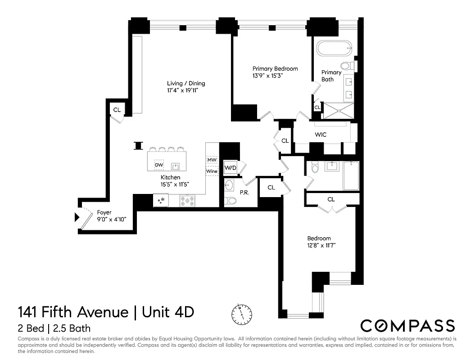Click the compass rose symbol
242,312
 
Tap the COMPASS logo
408,325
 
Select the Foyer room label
104,212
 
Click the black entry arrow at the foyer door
77,218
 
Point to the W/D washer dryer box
231,168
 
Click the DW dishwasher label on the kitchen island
158,165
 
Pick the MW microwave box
212,160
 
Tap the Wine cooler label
212,171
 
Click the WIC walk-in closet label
321,135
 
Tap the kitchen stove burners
187,201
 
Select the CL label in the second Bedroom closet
331,199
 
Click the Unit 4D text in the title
168,311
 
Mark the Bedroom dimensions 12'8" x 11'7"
321,245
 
